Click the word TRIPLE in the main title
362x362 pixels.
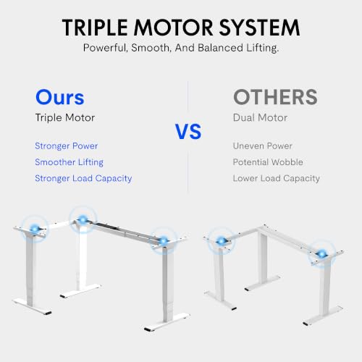pyautogui.click(x=95, y=28)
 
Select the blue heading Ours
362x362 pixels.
pyautogui.click(x=60, y=97)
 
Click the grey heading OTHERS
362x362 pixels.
pyautogui.click(x=275, y=97)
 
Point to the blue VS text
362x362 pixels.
pyautogui.click(x=188, y=132)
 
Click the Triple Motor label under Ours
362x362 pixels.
pyautogui.click(x=65, y=118)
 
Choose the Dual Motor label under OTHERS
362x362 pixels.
pyautogui.click(x=260, y=118)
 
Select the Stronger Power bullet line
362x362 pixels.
pyautogui.click(x=67, y=146)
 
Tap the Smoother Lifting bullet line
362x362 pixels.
pyautogui.click(x=69, y=162)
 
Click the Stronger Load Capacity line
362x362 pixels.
pyautogui.click(x=83, y=178)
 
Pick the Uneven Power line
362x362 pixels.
pyautogui.click(x=263, y=146)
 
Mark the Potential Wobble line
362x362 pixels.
pyautogui.click(x=268, y=162)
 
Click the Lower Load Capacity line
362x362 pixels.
pyautogui.click(x=277, y=178)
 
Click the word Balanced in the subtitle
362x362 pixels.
pyautogui.click(x=220, y=48)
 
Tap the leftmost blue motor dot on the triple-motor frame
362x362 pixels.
pyautogui.click(x=35, y=229)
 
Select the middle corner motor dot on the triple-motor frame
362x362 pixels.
pyautogui.click(x=83, y=220)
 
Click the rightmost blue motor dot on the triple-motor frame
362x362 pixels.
pyautogui.click(x=164, y=240)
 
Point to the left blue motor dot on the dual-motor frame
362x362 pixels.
pyautogui.click(x=221, y=241)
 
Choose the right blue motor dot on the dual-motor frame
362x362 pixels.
pyautogui.click(x=321, y=253)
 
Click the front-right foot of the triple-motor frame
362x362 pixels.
pyautogui.click(x=167, y=321)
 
